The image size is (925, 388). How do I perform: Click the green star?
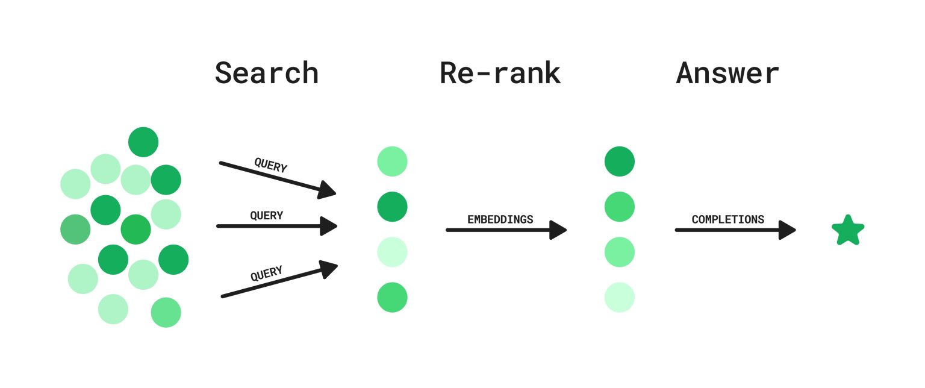(x=848, y=231)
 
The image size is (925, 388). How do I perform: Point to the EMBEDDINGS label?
(x=500, y=219)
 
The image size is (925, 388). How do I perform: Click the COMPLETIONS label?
(x=727, y=219)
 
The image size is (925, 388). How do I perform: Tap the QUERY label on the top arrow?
(x=270, y=165)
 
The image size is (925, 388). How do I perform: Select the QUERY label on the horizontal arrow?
(x=266, y=215)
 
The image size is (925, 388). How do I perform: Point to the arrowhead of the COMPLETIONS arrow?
(x=788, y=230)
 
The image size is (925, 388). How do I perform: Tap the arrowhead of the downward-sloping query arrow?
(x=327, y=190)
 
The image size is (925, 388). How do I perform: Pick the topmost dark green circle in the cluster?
(x=143, y=142)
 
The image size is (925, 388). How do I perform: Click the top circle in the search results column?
(x=392, y=161)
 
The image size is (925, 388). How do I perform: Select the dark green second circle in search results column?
(x=392, y=207)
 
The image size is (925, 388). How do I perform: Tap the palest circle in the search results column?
(x=392, y=252)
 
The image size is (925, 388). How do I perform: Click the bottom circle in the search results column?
(x=392, y=297)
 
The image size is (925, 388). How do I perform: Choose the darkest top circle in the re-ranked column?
(x=619, y=161)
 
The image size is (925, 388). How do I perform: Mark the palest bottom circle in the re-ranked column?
(x=619, y=297)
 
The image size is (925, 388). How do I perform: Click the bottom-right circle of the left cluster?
(x=166, y=312)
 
